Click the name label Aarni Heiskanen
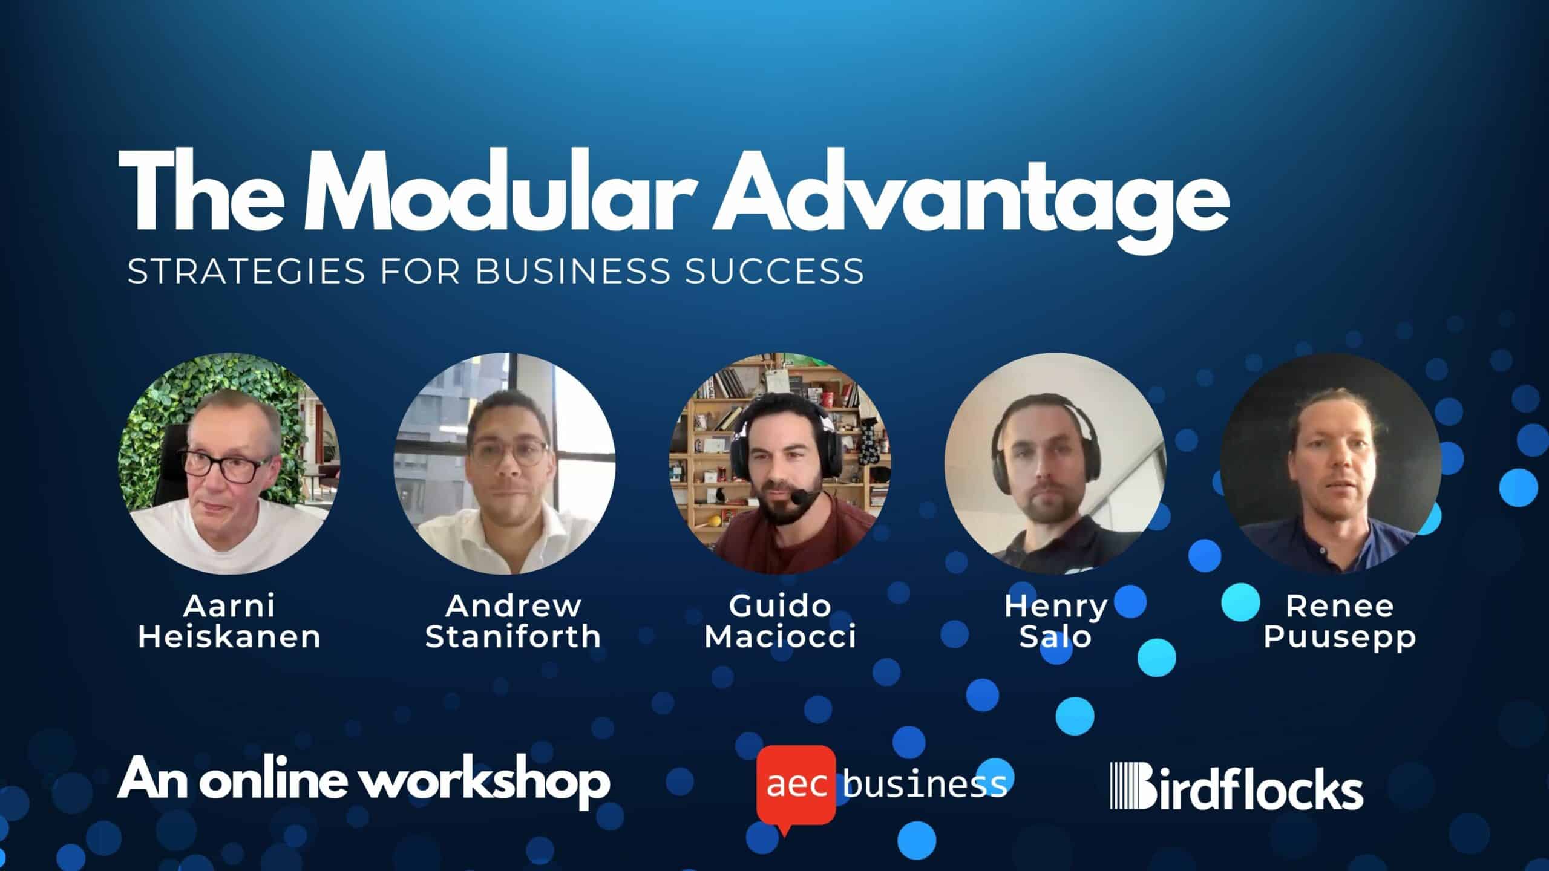pyautogui.click(x=229, y=621)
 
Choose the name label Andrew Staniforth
pyautogui.click(x=513, y=621)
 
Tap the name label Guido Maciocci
pyautogui.click(x=781, y=621)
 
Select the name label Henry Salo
pyautogui.click(x=1056, y=621)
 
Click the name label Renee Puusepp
pyautogui.click(x=1340, y=621)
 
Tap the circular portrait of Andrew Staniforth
pyautogui.click(x=505, y=464)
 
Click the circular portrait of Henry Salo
pyautogui.click(x=1055, y=464)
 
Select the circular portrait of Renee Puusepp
pyautogui.click(x=1331, y=464)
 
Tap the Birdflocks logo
pyautogui.click(x=1237, y=786)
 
